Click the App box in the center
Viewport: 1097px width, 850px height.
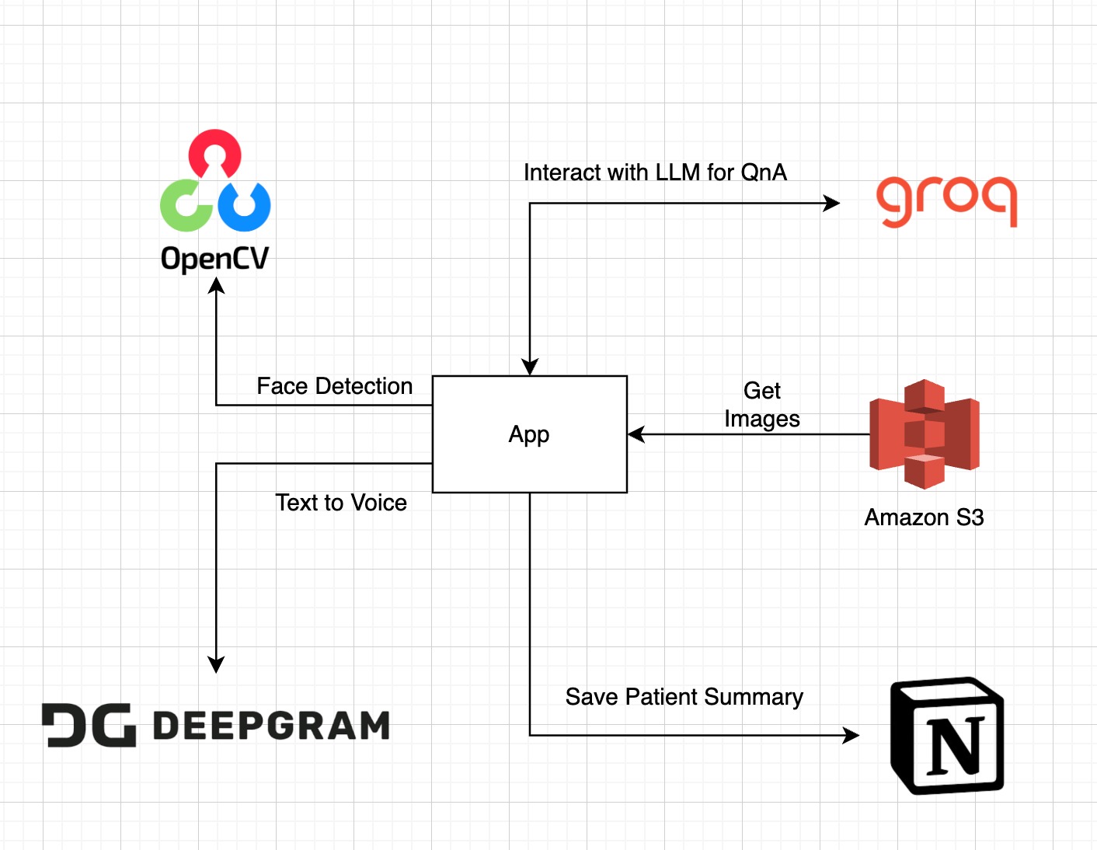(529, 434)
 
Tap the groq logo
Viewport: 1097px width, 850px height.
(946, 200)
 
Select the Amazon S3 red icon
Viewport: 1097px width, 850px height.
(924, 434)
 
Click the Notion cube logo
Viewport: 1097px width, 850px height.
(947, 736)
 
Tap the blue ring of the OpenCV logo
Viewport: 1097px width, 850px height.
(244, 206)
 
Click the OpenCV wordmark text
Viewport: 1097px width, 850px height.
(215, 259)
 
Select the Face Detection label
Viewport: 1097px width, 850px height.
(334, 386)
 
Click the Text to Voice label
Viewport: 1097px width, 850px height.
(341, 503)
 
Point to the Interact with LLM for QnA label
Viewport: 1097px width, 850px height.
(655, 172)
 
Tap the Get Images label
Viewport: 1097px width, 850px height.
(761, 405)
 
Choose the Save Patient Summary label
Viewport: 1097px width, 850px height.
(684, 697)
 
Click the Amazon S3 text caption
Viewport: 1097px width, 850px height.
(924, 517)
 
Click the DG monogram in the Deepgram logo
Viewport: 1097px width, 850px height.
(89, 726)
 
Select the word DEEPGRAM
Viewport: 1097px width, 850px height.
(271, 726)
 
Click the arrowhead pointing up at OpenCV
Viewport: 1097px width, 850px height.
(216, 286)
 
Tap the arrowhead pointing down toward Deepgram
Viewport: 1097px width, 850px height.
(216, 664)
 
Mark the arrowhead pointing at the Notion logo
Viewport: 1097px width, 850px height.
(851, 735)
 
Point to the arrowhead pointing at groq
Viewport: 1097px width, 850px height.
(831, 204)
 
